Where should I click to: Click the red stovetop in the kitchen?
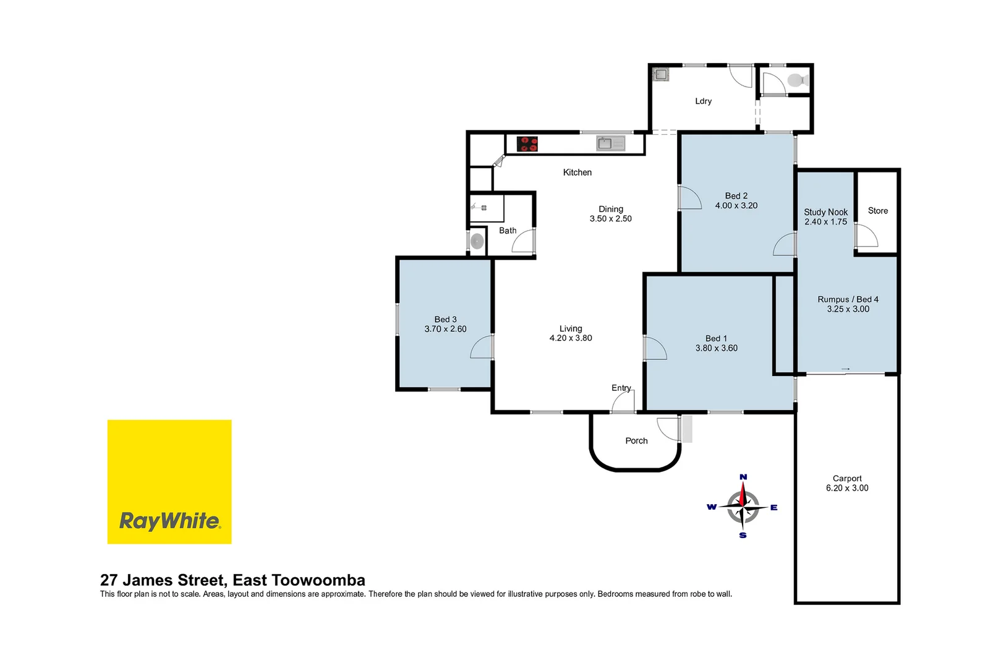(527, 144)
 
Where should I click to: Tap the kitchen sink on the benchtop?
(610, 143)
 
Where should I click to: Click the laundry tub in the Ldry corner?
(660, 75)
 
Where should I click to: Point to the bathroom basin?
(477, 241)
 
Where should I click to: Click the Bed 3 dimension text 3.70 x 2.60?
(445, 329)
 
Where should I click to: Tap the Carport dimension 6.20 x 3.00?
(846, 488)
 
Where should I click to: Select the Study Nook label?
(825, 212)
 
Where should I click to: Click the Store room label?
(877, 211)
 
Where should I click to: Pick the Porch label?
(636, 441)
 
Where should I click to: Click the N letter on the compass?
(743, 477)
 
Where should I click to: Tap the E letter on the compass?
(773, 508)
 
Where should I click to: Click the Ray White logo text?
(169, 521)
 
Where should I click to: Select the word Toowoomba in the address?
(318, 580)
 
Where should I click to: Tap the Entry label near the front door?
(621, 388)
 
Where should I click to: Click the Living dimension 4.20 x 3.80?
(570, 338)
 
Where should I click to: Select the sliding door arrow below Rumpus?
(845, 369)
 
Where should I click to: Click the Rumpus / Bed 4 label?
(848, 299)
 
